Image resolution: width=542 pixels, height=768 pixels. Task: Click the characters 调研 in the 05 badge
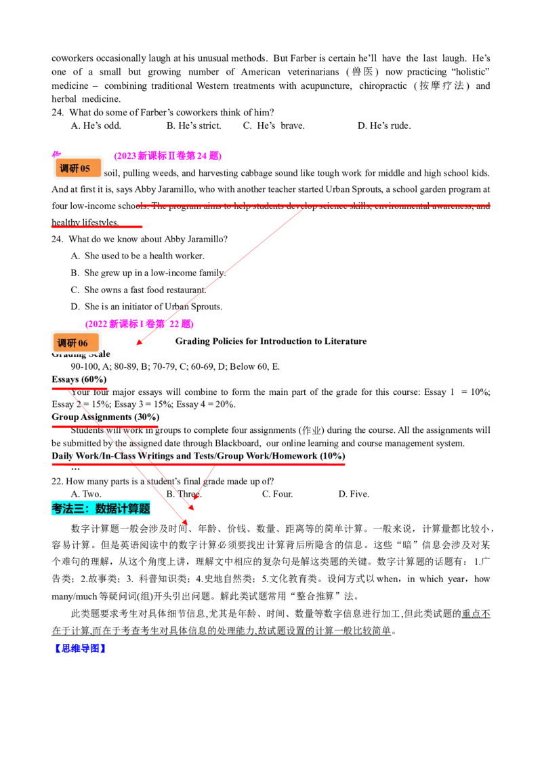point(69,169)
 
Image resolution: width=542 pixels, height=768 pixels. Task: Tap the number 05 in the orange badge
point(85,169)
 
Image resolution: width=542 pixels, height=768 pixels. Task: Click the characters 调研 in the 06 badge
point(67,343)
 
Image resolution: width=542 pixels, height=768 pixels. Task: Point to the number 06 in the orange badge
point(83,343)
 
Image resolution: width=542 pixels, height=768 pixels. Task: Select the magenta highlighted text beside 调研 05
point(167,156)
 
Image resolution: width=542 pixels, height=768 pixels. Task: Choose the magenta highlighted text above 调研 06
point(139,324)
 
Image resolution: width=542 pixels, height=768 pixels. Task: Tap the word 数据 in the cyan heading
point(106,508)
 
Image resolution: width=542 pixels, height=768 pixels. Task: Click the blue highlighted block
point(81,648)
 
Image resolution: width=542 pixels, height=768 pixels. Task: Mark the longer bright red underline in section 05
point(314,204)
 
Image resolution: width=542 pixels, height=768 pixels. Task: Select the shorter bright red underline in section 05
point(97,227)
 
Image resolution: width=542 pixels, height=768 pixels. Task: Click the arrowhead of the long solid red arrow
point(139,343)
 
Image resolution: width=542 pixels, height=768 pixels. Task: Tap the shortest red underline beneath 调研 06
point(79,388)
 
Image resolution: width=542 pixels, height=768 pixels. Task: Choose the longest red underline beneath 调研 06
point(198,464)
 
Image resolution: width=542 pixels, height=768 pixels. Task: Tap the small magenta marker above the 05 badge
point(56,153)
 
